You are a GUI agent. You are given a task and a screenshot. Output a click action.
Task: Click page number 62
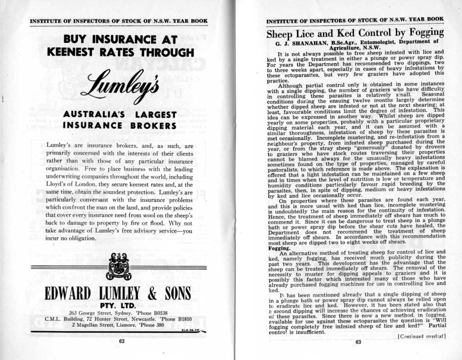point(122,341)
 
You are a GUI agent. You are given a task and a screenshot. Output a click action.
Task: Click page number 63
point(358,342)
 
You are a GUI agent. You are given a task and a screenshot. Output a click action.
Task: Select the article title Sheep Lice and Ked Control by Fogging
point(355,32)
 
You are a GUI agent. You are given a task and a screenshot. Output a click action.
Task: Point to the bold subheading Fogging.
point(277,248)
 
